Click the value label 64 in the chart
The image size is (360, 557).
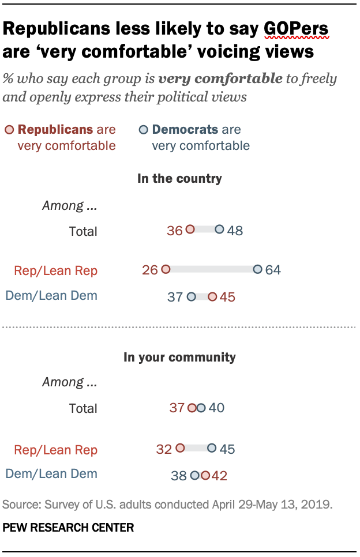click(273, 270)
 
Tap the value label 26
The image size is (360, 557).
click(150, 270)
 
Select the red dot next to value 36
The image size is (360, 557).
click(190, 229)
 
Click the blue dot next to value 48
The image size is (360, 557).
click(219, 229)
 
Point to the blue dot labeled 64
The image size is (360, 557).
click(257, 269)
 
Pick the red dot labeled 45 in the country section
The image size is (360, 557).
click(212, 296)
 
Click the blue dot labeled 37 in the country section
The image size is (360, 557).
click(191, 296)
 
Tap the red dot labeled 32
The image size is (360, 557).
click(179, 447)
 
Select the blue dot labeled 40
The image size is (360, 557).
click(201, 408)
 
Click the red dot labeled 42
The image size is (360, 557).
click(205, 475)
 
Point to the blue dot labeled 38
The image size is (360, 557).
click(195, 475)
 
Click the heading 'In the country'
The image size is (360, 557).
click(179, 179)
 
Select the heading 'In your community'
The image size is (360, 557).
click(179, 357)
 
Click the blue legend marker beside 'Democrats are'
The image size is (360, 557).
click(143, 130)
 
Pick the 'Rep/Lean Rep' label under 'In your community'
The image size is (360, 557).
click(57, 450)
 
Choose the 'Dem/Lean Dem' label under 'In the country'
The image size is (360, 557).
click(51, 296)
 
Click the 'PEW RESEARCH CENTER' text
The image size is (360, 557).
click(68, 527)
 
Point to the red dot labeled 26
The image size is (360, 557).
click(166, 269)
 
